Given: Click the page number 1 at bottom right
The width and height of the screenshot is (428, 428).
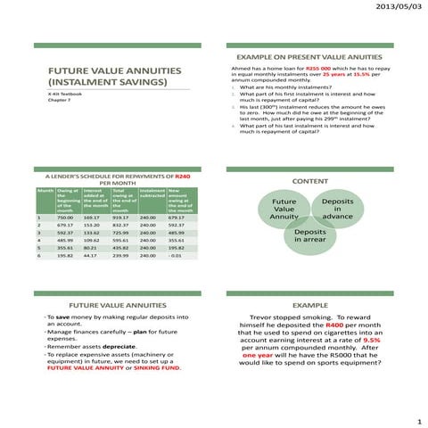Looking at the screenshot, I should click(x=417, y=418).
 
